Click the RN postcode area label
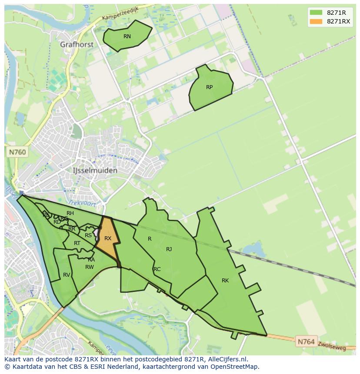127,36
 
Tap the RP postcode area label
209,87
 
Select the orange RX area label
108,238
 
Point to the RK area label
225,281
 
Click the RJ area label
169,249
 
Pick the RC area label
157,269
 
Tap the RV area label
67,275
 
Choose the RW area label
90,267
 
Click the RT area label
77,243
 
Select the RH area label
70,213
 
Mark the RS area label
88,235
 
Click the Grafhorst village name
77,45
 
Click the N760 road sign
17,152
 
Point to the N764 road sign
306,342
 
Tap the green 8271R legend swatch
316,12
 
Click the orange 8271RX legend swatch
316,21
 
